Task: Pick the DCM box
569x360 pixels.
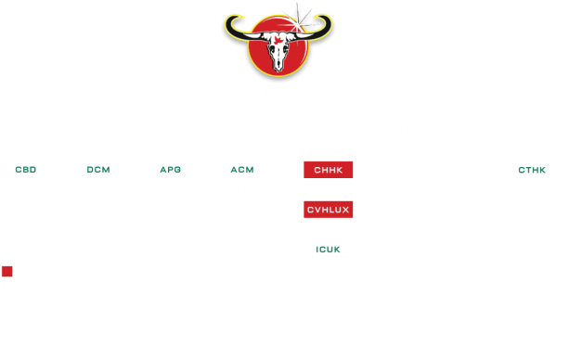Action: [97, 170]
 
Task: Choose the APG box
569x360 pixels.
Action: [171, 170]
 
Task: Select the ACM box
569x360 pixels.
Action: [240, 170]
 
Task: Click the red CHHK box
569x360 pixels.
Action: [328, 170]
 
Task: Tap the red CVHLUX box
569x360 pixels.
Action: [328, 210]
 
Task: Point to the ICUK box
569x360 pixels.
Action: [328, 249]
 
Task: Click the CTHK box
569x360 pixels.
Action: [533, 170]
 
